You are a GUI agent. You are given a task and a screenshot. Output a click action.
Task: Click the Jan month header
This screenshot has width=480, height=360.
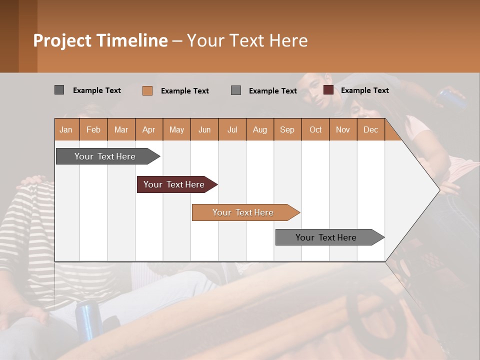point(66,129)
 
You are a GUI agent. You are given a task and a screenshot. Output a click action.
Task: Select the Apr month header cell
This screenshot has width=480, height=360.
point(149,129)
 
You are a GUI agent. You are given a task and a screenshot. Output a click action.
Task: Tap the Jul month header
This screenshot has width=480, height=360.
point(232,129)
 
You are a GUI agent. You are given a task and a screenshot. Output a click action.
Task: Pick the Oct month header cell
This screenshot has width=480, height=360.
point(315,129)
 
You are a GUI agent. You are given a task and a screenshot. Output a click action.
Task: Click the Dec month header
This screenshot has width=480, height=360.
point(370,129)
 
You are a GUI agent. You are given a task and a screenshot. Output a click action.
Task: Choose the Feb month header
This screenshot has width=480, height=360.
point(93,129)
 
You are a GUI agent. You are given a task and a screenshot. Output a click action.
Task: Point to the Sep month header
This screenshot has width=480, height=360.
point(287,129)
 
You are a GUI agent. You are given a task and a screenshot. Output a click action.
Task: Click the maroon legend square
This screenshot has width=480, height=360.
point(328,90)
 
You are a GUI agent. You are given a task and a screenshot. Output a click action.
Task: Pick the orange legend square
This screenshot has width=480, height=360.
point(147,90)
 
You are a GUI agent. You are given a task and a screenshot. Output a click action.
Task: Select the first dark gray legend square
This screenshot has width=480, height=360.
point(59,90)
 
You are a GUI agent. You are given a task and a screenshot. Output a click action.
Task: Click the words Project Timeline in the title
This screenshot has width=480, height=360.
point(100,40)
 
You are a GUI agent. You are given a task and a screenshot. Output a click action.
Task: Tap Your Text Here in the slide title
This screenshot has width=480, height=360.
point(247,40)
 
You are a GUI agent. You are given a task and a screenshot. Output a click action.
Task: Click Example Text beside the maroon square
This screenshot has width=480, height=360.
point(365,90)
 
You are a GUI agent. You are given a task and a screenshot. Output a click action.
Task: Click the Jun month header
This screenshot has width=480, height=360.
point(204,129)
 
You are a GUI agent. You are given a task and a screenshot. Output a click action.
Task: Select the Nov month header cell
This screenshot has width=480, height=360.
point(343,129)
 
